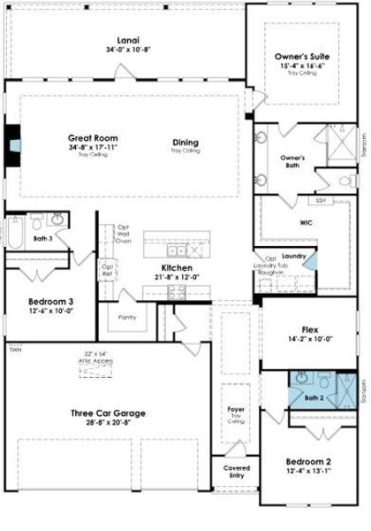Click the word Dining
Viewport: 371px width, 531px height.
pyautogui.click(x=185, y=142)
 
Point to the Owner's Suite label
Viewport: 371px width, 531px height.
pyautogui.click(x=303, y=56)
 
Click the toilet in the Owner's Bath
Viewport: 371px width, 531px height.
pyautogui.click(x=345, y=181)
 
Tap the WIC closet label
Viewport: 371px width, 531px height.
pyautogui.click(x=306, y=223)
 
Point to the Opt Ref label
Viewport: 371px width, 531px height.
pyautogui.click(x=107, y=268)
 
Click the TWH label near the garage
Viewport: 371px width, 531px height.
pyautogui.click(x=14, y=351)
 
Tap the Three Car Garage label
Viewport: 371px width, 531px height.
pyautogui.click(x=108, y=412)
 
